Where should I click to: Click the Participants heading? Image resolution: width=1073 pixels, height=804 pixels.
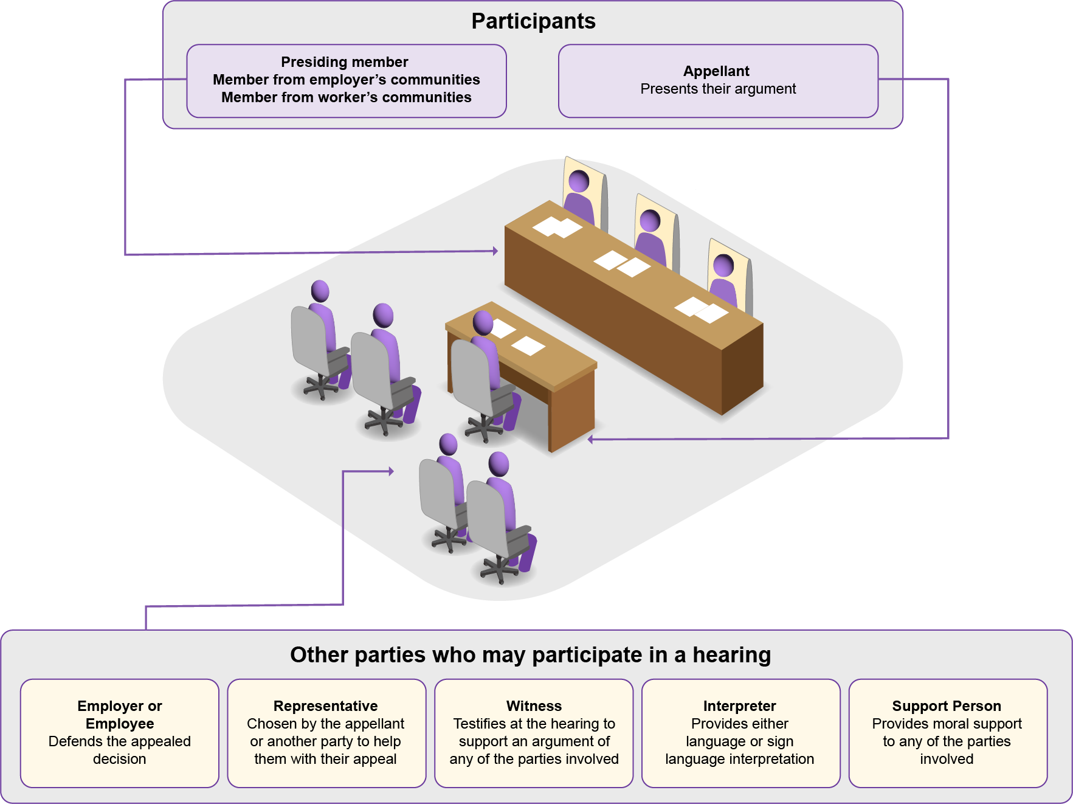533,22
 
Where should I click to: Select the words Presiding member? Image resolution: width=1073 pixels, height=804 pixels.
345,62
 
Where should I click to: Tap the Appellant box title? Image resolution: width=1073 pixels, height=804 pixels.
717,71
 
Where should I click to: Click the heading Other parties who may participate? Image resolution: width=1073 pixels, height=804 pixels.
530,655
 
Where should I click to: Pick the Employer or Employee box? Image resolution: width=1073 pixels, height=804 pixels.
120,733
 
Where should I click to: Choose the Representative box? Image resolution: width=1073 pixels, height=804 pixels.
326,733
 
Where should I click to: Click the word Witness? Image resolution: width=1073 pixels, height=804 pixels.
534,706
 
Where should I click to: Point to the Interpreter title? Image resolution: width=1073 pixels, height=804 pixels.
740,706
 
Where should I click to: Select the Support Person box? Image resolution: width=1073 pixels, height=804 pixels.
948,733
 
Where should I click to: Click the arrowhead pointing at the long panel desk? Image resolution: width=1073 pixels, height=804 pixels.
495,251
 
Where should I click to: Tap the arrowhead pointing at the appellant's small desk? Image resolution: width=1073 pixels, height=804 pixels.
590,439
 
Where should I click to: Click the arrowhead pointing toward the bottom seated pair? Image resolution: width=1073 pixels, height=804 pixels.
391,471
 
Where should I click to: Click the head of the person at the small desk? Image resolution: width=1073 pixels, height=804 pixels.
483,322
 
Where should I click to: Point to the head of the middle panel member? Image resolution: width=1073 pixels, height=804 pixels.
650,220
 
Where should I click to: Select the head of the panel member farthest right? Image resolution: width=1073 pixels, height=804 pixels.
723,265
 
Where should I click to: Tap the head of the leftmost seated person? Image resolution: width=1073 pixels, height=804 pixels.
320,291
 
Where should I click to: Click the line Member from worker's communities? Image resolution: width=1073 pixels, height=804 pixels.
347,97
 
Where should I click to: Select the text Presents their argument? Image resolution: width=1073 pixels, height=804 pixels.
718,89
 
